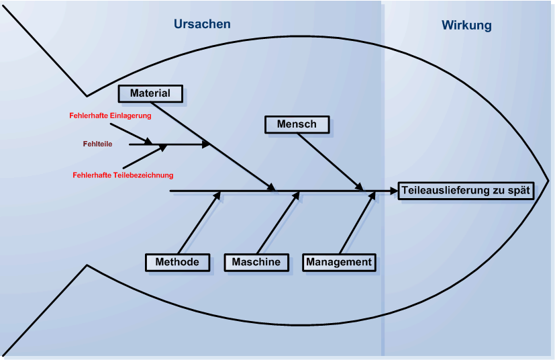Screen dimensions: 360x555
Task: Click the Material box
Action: click(x=150, y=93)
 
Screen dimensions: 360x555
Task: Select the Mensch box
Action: click(x=296, y=124)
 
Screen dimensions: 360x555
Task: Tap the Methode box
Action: click(x=177, y=262)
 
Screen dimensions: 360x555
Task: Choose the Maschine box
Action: click(x=256, y=262)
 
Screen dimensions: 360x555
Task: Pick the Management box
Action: click(x=339, y=262)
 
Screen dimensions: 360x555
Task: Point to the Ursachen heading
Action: click(x=202, y=24)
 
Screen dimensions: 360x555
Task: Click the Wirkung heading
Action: click(x=466, y=26)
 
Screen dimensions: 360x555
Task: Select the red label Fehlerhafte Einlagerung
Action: click(x=110, y=116)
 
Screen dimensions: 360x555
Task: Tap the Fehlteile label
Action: click(x=97, y=144)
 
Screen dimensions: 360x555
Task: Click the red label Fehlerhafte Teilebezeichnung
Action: click(x=123, y=175)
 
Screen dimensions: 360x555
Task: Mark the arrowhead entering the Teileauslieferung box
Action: click(x=393, y=191)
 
